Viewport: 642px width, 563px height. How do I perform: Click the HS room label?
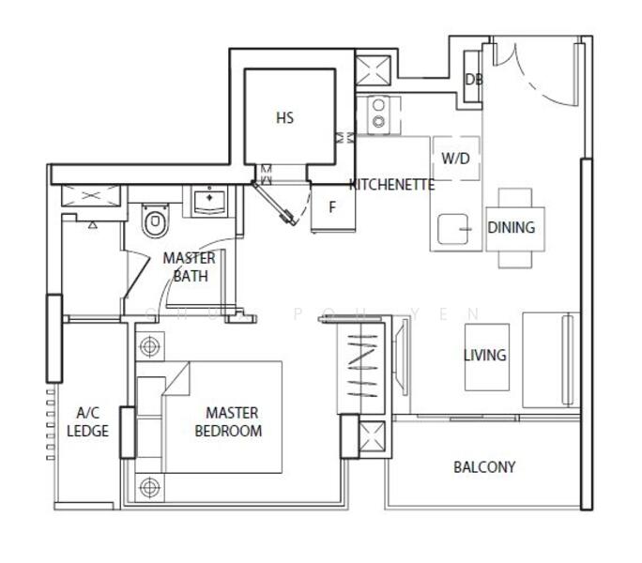pyautogui.click(x=285, y=118)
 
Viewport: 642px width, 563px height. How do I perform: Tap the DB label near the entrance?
pyautogui.click(x=474, y=80)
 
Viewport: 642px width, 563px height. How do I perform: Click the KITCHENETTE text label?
pyautogui.click(x=391, y=185)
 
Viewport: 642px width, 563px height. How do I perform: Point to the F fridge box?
pyautogui.click(x=331, y=206)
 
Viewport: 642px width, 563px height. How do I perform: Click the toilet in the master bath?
pyautogui.click(x=152, y=223)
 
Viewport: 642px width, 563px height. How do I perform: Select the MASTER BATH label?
pyautogui.click(x=190, y=266)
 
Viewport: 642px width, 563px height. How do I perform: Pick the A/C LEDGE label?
pyautogui.click(x=88, y=421)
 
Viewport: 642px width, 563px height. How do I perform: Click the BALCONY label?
pyautogui.click(x=484, y=466)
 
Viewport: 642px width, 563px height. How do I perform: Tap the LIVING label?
pyautogui.click(x=484, y=355)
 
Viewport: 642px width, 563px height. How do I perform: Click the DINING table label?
pyautogui.click(x=512, y=227)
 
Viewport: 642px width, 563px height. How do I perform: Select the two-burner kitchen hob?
pyautogui.click(x=378, y=114)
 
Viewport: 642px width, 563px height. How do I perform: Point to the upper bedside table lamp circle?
pyautogui.click(x=148, y=346)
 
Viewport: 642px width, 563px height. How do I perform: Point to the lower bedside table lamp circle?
pyautogui.click(x=148, y=487)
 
